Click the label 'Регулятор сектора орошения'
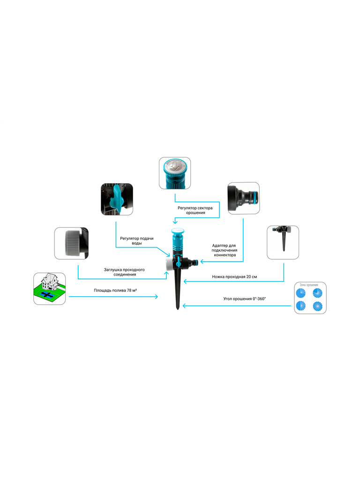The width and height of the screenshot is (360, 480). click(x=195, y=210)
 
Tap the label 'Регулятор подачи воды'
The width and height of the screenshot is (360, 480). click(x=136, y=240)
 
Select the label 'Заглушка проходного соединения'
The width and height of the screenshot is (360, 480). click(x=124, y=272)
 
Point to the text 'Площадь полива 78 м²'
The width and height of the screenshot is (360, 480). click(x=115, y=290)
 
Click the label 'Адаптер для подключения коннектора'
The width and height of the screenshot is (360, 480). click(x=225, y=250)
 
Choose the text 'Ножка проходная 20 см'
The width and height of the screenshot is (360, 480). click(x=234, y=277)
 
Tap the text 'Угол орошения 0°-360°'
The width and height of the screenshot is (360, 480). click(x=244, y=299)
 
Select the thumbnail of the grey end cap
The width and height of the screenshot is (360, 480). click(x=71, y=243)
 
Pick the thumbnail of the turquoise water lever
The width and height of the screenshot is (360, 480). click(x=117, y=199)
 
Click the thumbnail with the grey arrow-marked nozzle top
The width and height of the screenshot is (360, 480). click(x=175, y=173)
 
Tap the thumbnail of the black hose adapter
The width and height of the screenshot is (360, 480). click(x=244, y=198)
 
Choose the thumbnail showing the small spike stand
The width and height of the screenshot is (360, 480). click(x=283, y=242)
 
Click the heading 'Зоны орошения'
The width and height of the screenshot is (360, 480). click(x=309, y=285)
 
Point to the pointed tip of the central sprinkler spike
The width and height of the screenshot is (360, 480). click(x=178, y=309)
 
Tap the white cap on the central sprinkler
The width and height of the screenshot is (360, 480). click(x=169, y=263)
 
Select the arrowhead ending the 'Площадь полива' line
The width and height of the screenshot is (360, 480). click(x=156, y=297)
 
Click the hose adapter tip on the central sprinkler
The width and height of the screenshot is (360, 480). click(x=194, y=262)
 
